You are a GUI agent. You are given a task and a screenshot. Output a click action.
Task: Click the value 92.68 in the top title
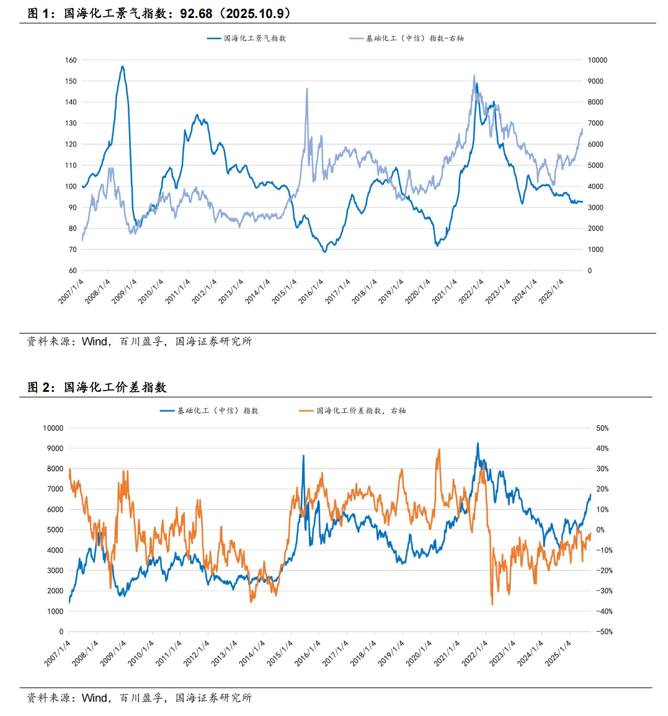(196, 13)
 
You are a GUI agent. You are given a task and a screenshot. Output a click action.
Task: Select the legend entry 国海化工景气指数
(246, 38)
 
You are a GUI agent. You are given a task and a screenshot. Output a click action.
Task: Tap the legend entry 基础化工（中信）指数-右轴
(407, 38)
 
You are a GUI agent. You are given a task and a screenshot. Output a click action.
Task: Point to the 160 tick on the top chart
(71, 60)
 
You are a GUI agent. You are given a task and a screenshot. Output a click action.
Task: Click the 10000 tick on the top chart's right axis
(598, 60)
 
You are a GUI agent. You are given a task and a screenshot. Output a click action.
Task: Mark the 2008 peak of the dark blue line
(122, 67)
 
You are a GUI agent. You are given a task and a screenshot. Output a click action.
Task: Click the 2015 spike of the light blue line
(306, 89)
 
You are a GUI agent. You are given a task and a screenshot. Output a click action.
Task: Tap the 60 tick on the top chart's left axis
(73, 270)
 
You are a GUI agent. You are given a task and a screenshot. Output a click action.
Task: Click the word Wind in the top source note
(94, 341)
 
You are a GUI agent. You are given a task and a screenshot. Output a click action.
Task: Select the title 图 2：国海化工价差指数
(97, 387)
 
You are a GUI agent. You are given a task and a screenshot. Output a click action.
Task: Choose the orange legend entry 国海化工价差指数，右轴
(352, 410)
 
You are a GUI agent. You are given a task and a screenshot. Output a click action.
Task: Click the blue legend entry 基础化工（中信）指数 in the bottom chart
(209, 410)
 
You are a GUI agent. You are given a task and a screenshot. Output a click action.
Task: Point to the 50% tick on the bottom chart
(602, 428)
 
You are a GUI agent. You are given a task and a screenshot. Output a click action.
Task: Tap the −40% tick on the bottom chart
(603, 611)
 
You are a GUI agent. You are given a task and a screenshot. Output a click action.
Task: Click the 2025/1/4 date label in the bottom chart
(558, 653)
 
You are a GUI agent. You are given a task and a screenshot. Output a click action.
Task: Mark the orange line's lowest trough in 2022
(492, 604)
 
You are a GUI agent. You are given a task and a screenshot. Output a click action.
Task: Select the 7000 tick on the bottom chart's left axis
(55, 489)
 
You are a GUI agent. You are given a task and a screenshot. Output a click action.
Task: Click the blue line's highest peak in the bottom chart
(478, 443)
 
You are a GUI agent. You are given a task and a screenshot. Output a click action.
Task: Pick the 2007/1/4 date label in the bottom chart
(57, 653)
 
